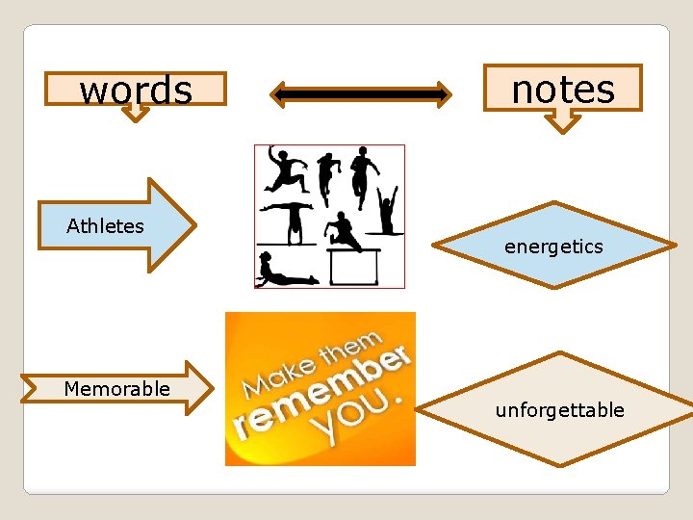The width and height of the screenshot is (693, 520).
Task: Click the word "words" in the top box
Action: click(136, 90)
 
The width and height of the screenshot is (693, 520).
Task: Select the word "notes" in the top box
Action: click(563, 89)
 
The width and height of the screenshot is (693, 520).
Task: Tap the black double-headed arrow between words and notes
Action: click(360, 93)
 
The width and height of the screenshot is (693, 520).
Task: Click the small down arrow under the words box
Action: click(136, 113)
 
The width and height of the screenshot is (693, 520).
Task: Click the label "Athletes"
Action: click(105, 226)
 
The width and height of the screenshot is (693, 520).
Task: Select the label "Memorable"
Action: click(116, 389)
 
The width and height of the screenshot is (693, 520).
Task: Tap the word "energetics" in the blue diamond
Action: click(553, 247)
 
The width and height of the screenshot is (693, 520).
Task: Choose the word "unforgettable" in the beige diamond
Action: click(559, 410)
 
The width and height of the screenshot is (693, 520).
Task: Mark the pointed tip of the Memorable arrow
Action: click(211, 388)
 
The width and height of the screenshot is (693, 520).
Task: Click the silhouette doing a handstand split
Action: click(286, 216)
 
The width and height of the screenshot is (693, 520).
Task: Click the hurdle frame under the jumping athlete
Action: click(354, 267)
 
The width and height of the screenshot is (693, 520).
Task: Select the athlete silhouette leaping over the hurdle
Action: click(343, 231)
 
